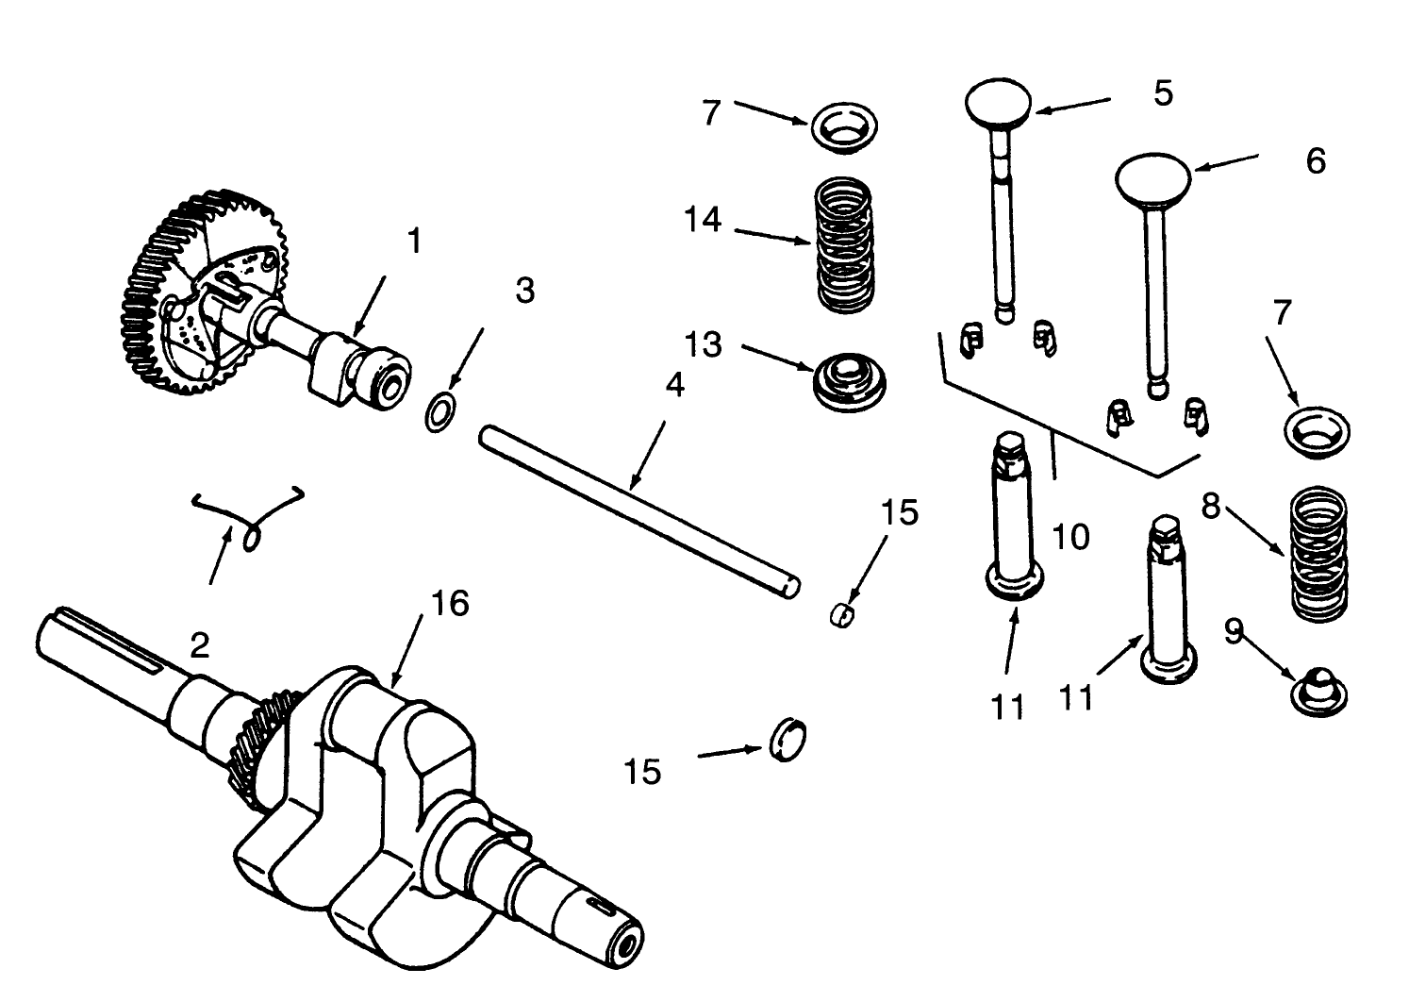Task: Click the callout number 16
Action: pos(450,603)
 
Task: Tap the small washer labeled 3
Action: pos(439,414)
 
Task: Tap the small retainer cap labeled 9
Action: pos(1318,691)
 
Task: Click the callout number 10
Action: pos(1069,537)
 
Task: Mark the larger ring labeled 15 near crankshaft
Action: pos(788,739)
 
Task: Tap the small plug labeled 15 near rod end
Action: pos(842,615)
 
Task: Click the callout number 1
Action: pos(413,242)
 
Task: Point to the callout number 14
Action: pos(704,220)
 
